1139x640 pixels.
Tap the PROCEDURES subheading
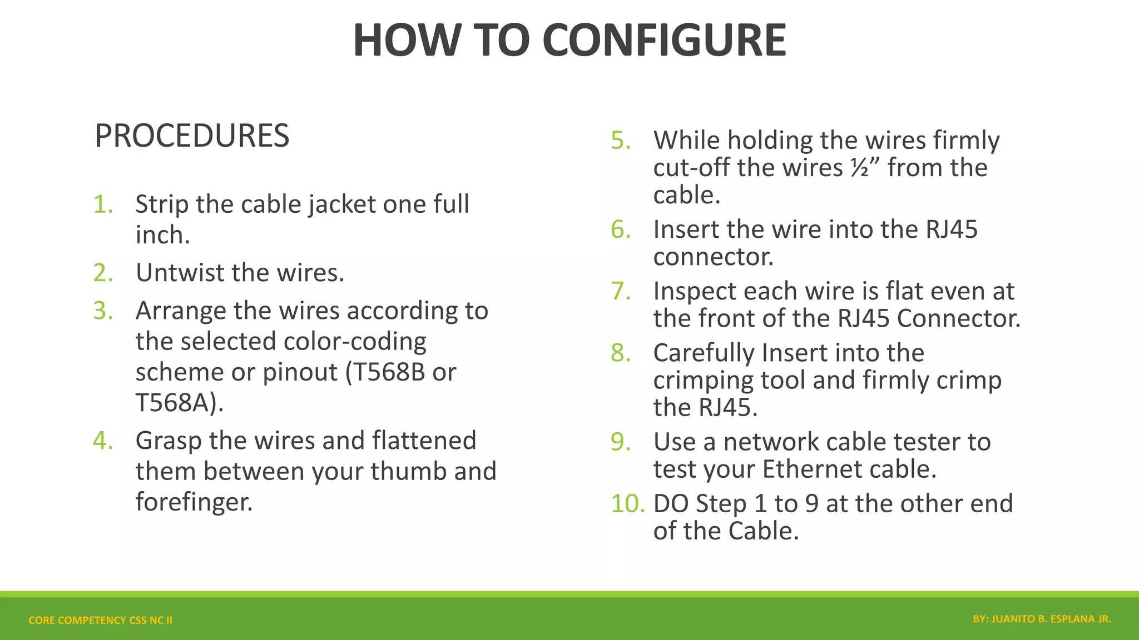click(192, 136)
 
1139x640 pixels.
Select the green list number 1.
click(103, 204)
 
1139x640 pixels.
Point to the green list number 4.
click(103, 441)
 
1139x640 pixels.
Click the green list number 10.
click(627, 503)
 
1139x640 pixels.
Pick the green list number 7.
click(621, 291)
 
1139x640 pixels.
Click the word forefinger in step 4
click(194, 502)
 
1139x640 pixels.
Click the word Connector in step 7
click(958, 318)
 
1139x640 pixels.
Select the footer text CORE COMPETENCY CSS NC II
click(100, 620)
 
